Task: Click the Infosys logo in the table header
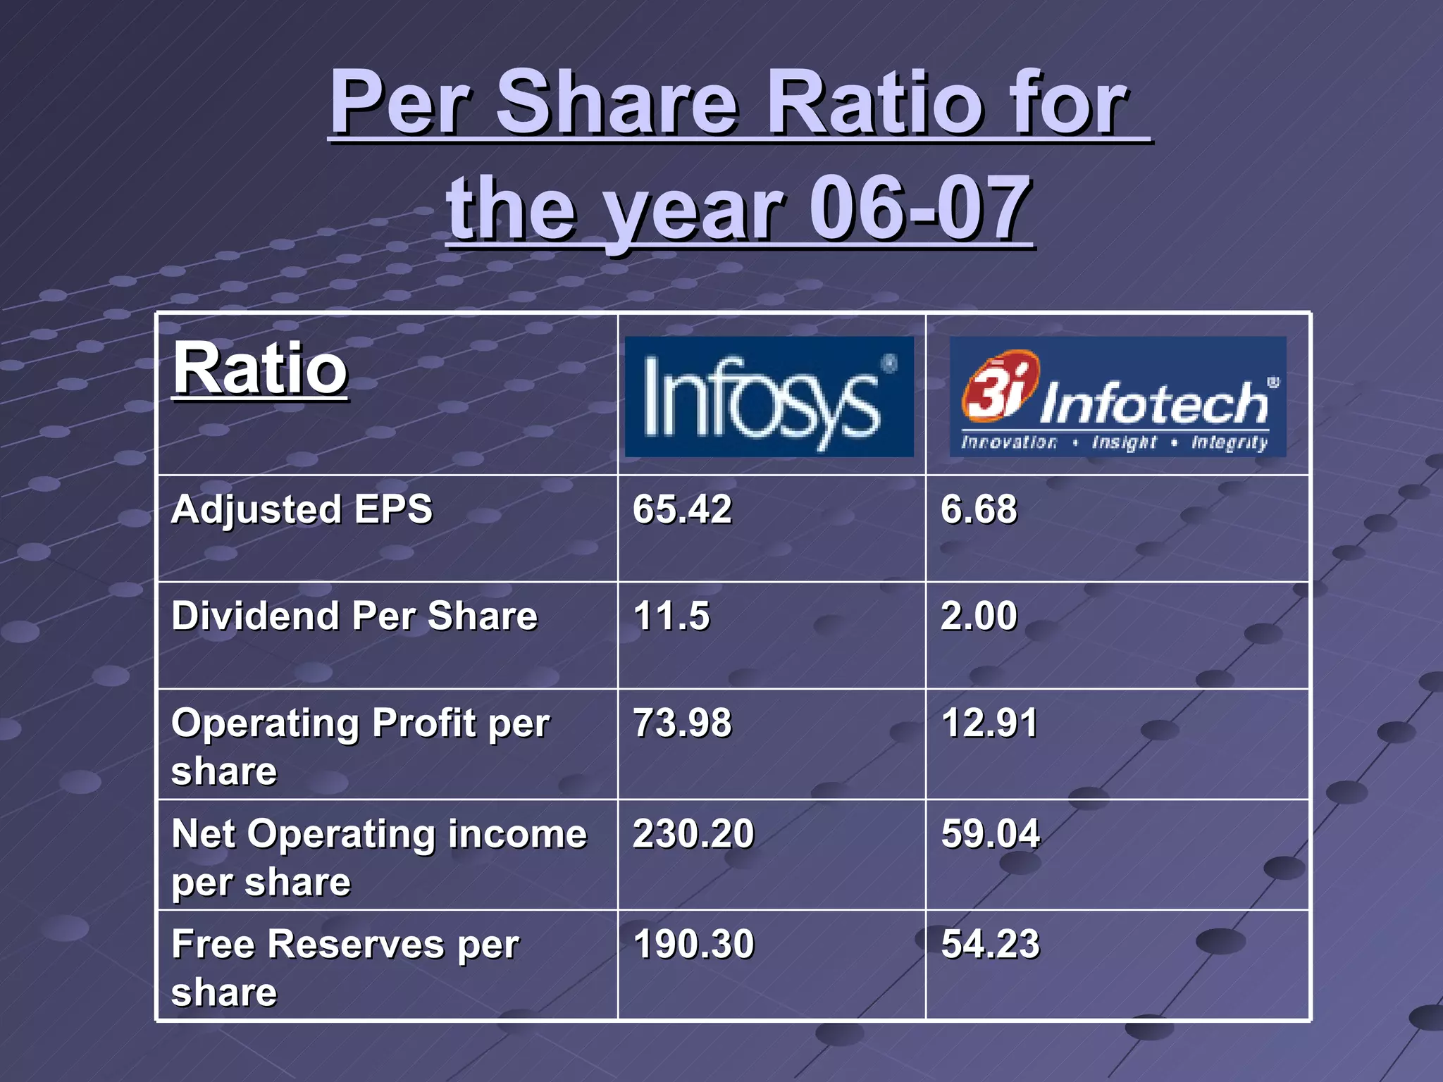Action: tap(769, 397)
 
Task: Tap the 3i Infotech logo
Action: tap(1117, 397)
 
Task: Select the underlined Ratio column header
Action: tap(261, 368)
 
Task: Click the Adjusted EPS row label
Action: tap(302, 509)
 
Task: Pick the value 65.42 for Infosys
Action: tap(682, 509)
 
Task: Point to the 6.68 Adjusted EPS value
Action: tap(979, 509)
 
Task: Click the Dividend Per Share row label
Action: tap(354, 616)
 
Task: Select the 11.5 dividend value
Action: tap(671, 616)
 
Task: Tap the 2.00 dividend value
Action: tap(979, 616)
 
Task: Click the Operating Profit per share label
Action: tap(359, 747)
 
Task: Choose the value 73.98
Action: tap(682, 723)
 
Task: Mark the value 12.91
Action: tap(989, 723)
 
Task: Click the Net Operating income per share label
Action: tap(378, 857)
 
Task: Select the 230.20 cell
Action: tap(693, 834)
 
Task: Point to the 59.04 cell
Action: tap(990, 834)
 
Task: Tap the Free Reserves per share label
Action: tap(345, 968)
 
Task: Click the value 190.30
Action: tap(693, 945)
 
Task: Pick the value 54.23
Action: tap(990, 945)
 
